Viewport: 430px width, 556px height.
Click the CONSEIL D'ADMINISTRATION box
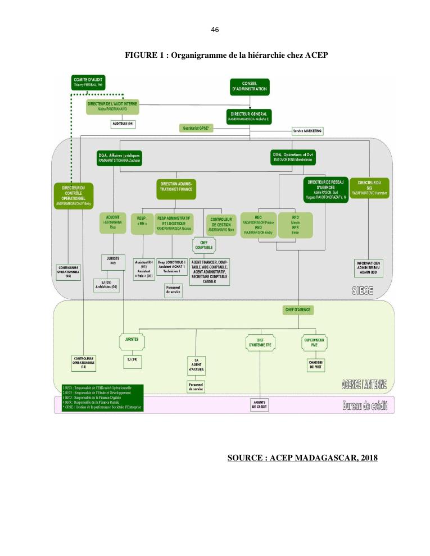250,86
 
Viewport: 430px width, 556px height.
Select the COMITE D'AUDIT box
88,81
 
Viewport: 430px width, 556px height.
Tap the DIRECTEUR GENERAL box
250,116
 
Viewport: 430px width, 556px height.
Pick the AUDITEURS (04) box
123,123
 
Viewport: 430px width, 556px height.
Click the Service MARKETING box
307,130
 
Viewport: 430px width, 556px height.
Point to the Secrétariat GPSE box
196,129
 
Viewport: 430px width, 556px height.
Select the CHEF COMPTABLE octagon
200,244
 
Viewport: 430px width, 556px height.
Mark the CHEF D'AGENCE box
298,309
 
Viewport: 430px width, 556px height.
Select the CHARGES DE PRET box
315,363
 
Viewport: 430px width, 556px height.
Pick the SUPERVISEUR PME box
315,342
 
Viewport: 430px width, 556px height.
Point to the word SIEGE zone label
363,290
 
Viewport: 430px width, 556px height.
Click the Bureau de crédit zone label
365,405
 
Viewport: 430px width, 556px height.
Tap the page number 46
215,29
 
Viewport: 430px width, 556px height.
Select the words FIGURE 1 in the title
144,55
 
